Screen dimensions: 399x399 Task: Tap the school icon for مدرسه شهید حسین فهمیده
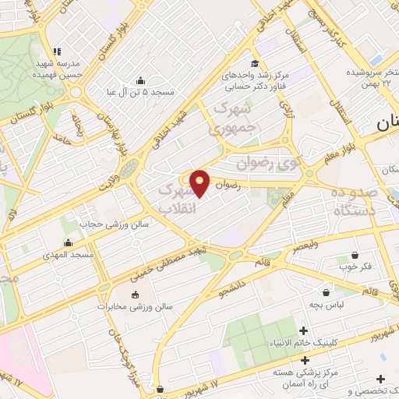pyautogui.click(x=55, y=51)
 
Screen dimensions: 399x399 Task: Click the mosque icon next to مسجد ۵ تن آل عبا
pyautogui.click(x=140, y=80)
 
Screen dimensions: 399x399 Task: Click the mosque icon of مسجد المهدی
pyautogui.click(x=69, y=242)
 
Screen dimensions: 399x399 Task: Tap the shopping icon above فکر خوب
pyautogui.click(x=355, y=255)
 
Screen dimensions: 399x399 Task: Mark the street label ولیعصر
pyautogui.click(x=302, y=247)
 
